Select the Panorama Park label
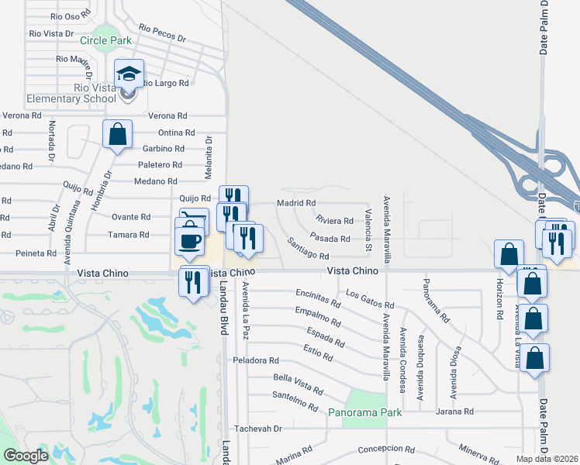point(365,412)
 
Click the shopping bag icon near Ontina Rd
point(117,135)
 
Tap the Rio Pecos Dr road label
point(163,33)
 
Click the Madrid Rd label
point(296,203)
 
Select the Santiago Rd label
point(308,250)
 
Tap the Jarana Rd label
point(454,412)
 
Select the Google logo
point(26,456)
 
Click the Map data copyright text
point(546,459)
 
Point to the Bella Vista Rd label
point(298,382)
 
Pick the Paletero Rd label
point(160,165)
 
